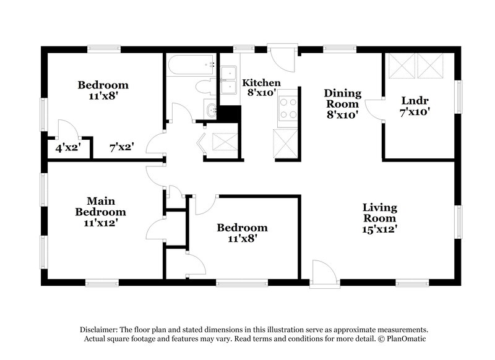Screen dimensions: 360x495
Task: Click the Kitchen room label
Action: click(x=261, y=83)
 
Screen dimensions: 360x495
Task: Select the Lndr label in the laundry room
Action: click(x=415, y=101)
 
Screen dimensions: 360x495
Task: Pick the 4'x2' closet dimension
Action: click(x=67, y=148)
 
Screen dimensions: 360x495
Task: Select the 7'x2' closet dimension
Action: click(x=121, y=148)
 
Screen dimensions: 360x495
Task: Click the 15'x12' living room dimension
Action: click(x=379, y=229)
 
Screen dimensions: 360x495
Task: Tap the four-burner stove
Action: click(x=288, y=108)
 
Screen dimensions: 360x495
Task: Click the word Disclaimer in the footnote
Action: click(x=100, y=330)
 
